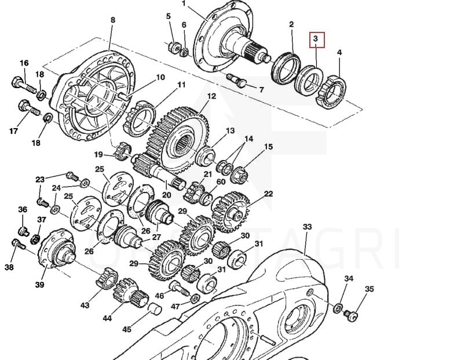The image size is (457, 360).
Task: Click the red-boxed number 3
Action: [316, 39]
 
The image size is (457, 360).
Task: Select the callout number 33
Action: [307, 227]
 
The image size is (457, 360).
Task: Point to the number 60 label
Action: [221, 182]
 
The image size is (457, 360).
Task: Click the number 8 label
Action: [112, 20]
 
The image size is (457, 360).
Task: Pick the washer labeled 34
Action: [339, 307]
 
